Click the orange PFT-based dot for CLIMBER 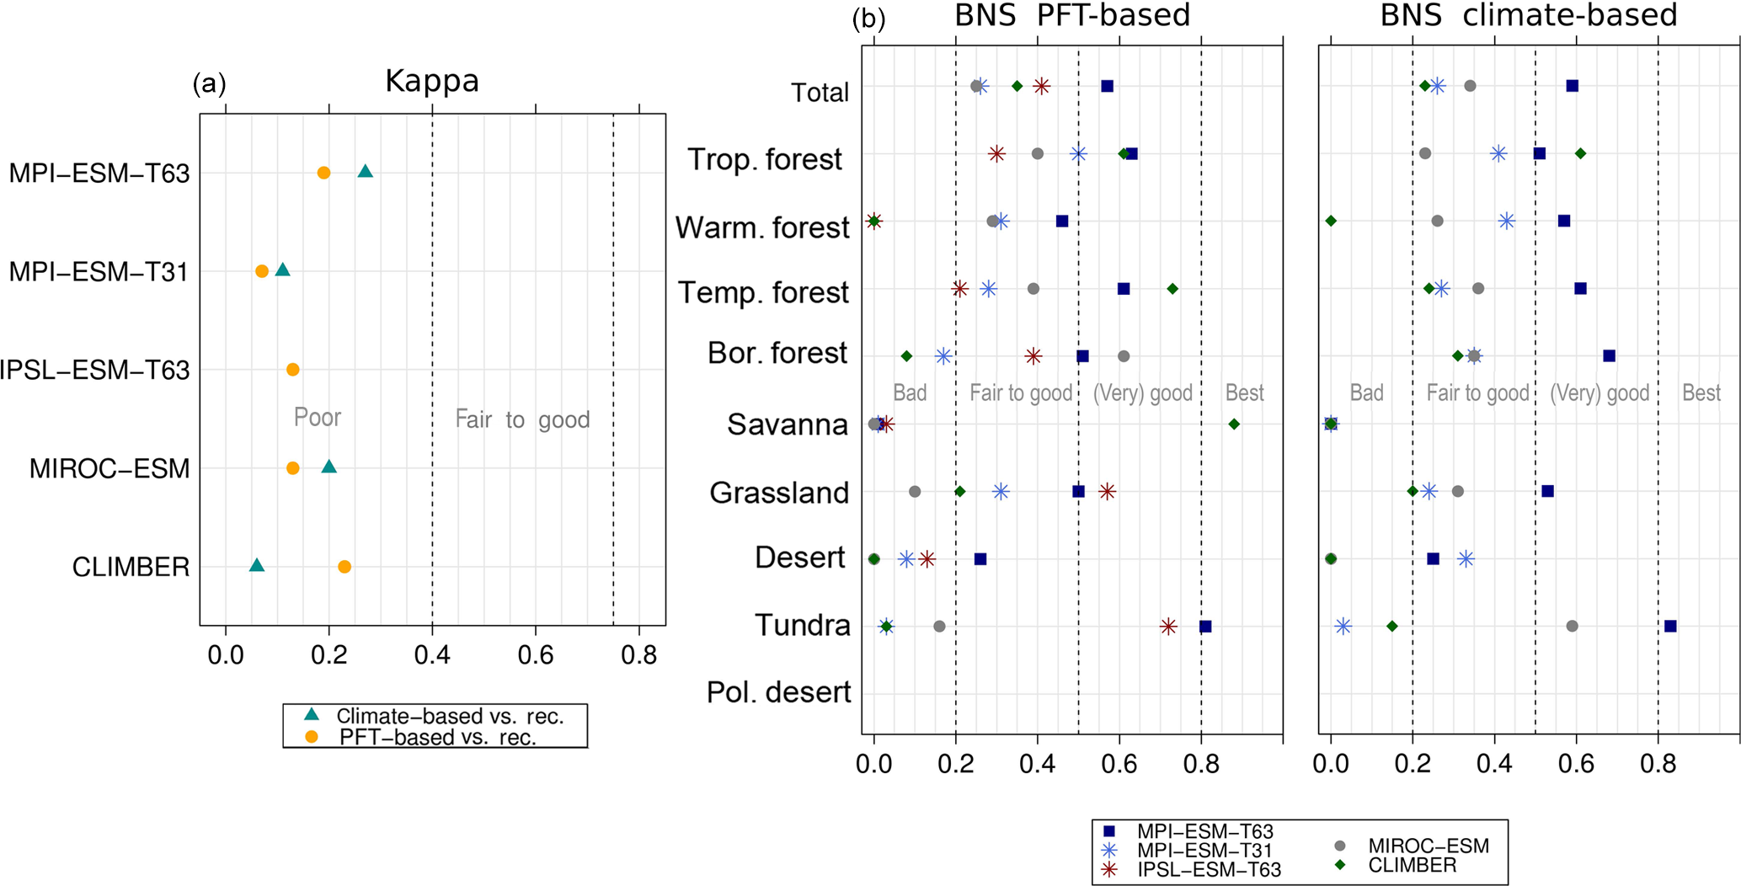click(344, 567)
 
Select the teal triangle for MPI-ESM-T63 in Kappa click(365, 172)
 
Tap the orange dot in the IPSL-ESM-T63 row click(293, 370)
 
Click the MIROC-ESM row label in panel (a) click(109, 469)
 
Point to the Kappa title click(432, 81)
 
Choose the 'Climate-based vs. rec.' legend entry click(449, 717)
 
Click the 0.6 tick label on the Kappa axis click(536, 654)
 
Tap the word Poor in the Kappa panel click(318, 417)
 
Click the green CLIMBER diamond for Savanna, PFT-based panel click(1234, 424)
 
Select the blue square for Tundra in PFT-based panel click(1205, 627)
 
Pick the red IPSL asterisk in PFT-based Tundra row click(1168, 627)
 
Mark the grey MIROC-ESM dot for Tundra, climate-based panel click(1572, 627)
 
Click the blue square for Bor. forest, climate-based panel click(1609, 356)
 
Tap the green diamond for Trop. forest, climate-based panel click(1580, 153)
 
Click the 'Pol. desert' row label click(778, 692)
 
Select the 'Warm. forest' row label click(762, 227)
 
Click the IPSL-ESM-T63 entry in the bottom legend click(1209, 870)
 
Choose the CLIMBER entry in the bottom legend click(1412, 866)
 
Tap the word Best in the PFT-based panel click(1244, 393)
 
